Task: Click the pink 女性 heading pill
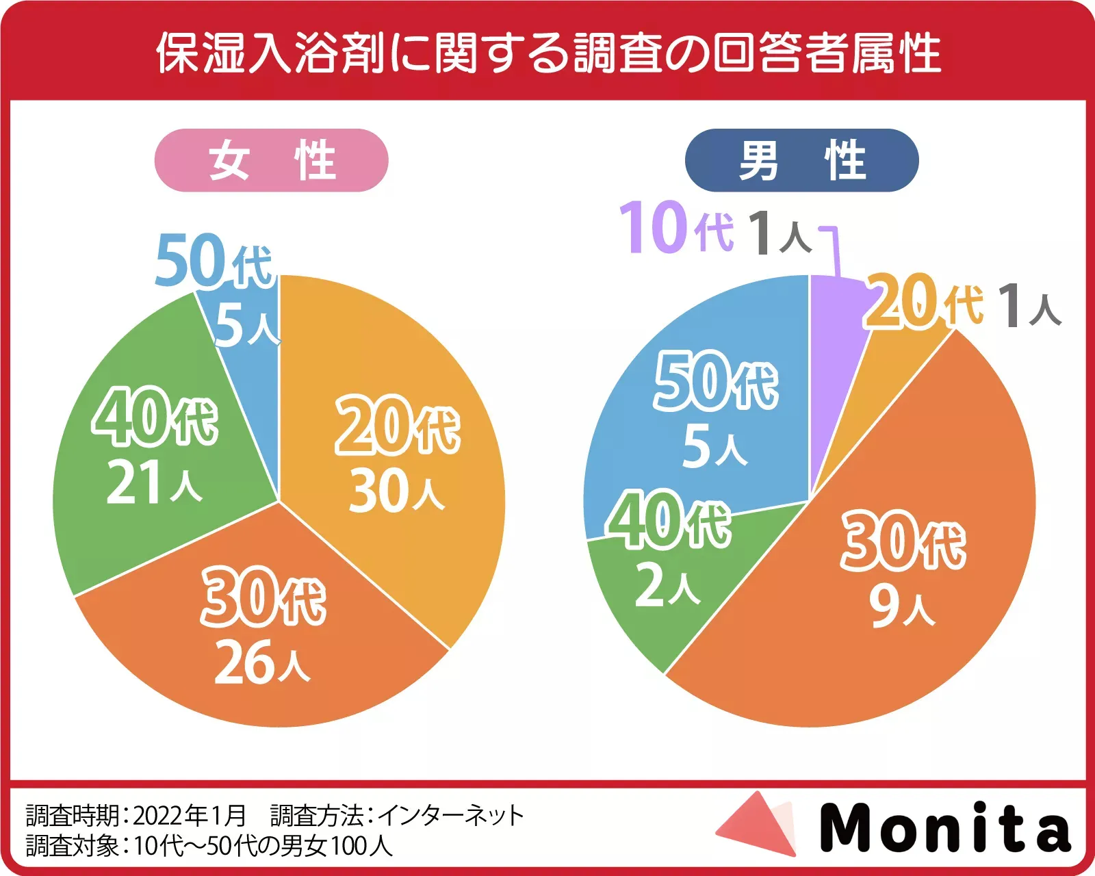tap(271, 160)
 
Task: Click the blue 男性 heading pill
tap(801, 160)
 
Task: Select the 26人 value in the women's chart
tap(262, 662)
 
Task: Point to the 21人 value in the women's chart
tap(154, 482)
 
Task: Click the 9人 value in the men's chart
tap(902, 606)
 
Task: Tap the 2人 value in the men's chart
tap(667, 585)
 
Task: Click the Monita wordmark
tap(944, 827)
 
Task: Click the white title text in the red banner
tap(547, 53)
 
